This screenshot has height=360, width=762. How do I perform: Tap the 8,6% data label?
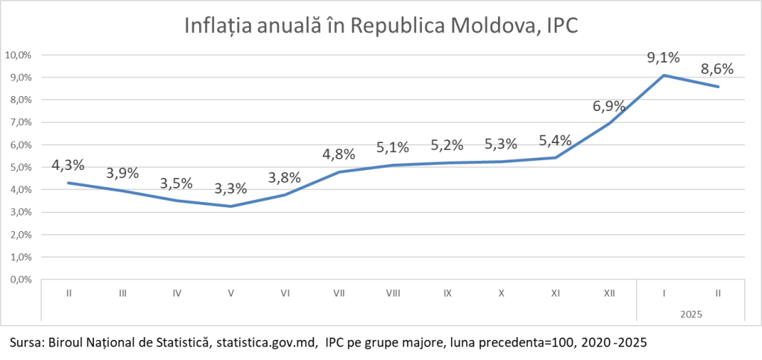click(717, 69)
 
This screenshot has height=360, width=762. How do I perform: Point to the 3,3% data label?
click(231, 189)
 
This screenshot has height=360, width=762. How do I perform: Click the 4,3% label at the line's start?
click(68, 165)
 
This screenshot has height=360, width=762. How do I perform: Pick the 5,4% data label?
click(555, 140)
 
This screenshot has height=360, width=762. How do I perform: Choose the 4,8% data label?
click(339, 154)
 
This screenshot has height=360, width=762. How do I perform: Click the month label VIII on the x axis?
click(393, 294)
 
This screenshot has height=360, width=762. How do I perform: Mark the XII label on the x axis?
click(609, 294)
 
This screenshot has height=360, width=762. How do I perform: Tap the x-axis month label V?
click(231, 294)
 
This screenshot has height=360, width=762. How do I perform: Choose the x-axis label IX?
click(447, 294)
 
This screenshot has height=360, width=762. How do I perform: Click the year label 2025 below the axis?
click(690, 315)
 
